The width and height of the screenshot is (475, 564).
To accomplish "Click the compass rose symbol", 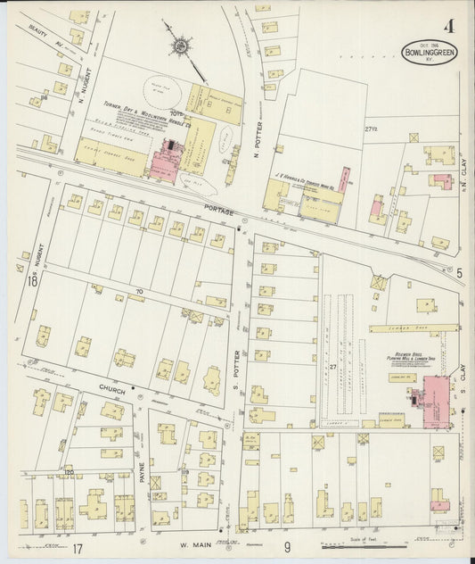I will coord(181,44).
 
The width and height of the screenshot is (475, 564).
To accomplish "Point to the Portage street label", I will coord(218,212).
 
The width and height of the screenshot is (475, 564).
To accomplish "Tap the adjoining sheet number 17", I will coord(78,547).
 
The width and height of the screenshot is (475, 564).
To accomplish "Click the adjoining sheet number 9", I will coord(288,547).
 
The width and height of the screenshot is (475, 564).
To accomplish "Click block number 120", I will coord(67,471).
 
